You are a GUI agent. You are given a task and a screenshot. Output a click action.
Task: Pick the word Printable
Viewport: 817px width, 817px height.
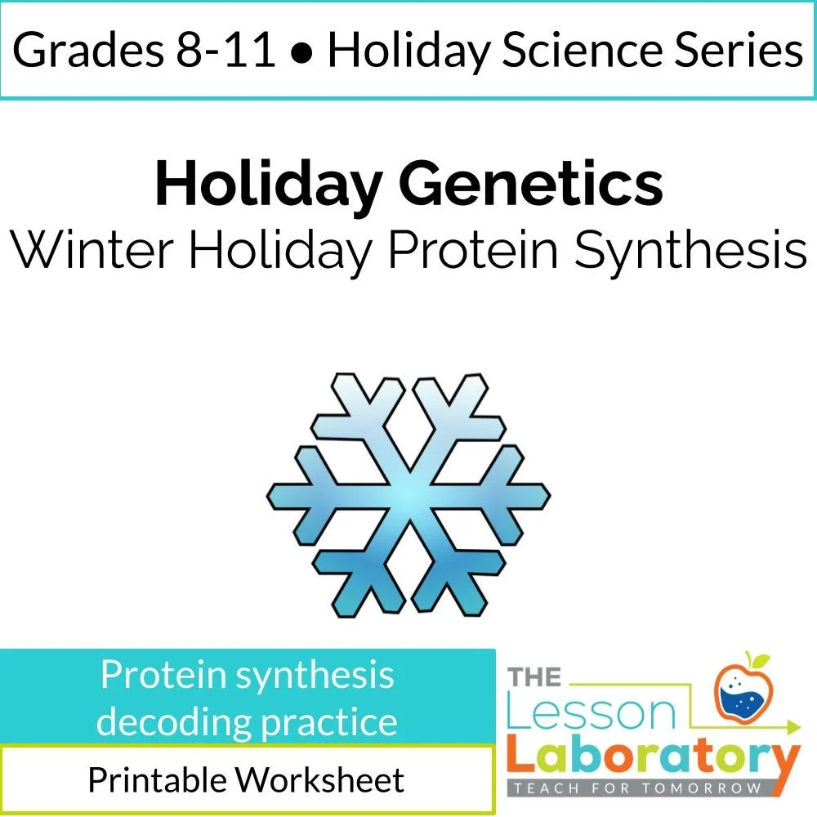[156, 780]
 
